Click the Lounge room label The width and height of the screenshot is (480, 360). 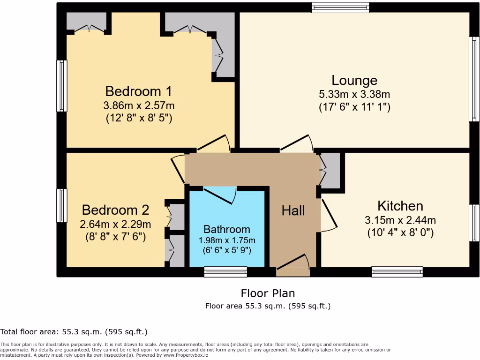point(354,81)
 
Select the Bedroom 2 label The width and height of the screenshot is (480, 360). point(115,210)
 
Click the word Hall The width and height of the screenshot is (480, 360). point(293,210)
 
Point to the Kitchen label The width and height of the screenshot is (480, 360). point(400,206)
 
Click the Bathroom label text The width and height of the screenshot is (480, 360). point(227,229)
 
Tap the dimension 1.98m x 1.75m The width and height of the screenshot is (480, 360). point(227,240)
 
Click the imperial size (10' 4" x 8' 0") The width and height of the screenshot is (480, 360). point(400,232)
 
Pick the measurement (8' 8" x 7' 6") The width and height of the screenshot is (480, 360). point(115,236)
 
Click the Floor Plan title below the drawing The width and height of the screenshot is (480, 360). point(268,293)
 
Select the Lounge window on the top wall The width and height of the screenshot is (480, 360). point(340,7)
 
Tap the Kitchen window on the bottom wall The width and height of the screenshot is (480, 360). point(397,271)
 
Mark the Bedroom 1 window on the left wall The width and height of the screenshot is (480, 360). point(61,86)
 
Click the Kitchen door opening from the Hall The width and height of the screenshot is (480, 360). point(328,216)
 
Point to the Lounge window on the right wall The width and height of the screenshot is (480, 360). point(474,79)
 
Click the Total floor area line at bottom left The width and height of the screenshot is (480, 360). point(74,332)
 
